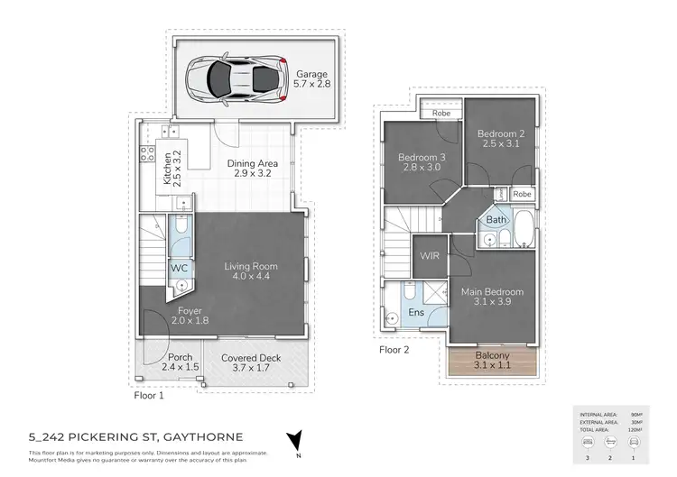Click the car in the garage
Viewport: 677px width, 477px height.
pos(236,78)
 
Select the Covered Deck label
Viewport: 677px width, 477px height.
pos(251,363)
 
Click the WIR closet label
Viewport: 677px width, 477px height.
pos(428,257)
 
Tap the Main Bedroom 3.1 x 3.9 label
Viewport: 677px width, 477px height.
pos(492,298)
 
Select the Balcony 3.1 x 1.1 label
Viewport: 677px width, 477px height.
pos(492,361)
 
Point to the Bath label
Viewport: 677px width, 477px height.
pos(496,220)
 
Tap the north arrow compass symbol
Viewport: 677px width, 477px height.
pos(292,442)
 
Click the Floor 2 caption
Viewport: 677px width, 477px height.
pos(395,349)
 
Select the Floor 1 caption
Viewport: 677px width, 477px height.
pos(149,395)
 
